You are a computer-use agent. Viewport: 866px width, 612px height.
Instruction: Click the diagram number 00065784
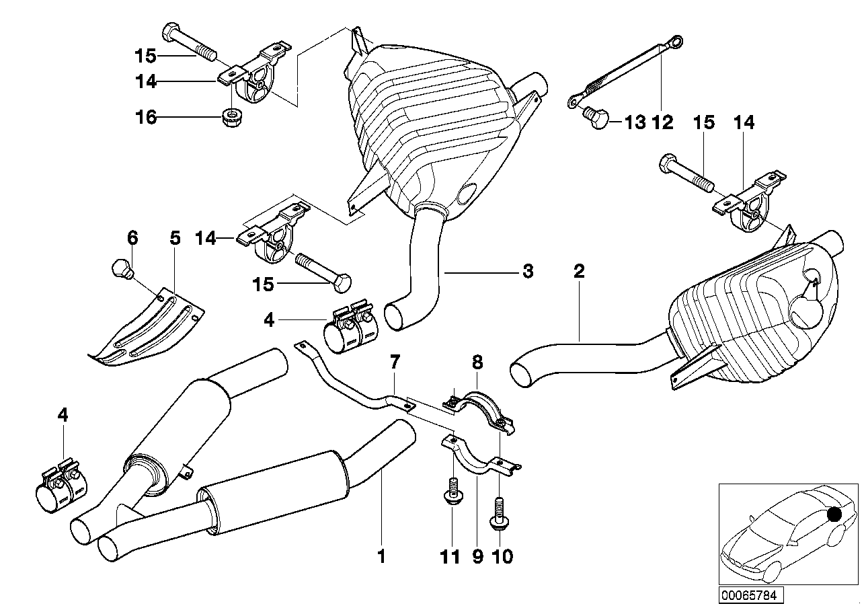tap(752, 595)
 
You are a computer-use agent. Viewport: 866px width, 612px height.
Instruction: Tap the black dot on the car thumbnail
tap(834, 515)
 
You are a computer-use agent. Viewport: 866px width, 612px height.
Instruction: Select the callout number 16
tap(147, 118)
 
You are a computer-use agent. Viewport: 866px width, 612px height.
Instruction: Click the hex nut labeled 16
tap(232, 118)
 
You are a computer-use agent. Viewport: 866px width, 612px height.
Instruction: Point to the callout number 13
tap(635, 122)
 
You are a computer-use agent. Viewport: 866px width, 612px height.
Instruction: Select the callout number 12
tap(664, 122)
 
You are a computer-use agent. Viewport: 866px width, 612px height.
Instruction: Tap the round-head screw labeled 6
tap(122, 268)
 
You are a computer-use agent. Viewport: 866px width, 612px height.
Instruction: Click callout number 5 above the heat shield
tap(175, 237)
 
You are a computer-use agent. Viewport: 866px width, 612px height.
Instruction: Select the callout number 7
tap(395, 365)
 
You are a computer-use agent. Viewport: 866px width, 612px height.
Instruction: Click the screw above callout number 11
tap(451, 490)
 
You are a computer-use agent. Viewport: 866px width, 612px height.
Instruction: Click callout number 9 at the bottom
tap(477, 557)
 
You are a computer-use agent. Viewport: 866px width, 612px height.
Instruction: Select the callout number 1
tap(382, 557)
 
